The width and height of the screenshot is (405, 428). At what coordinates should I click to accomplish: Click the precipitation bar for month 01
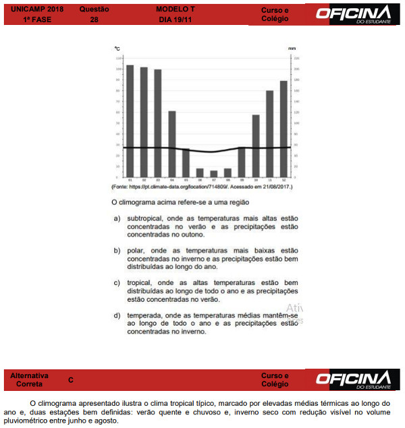[130, 121]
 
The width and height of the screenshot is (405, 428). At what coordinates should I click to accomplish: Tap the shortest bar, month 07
[214, 174]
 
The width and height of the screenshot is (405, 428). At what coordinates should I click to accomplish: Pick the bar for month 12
[283, 129]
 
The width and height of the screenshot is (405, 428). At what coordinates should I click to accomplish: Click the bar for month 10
[256, 146]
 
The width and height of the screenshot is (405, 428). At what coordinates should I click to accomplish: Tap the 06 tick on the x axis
[200, 180]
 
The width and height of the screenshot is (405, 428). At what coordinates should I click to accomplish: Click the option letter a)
[117, 218]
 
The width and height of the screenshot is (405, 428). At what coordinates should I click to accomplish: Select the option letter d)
[117, 315]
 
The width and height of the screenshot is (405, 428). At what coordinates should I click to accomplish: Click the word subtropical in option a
[145, 218]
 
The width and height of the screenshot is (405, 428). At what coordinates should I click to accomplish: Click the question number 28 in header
[93, 20]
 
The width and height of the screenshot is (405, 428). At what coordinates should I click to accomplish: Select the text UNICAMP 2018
[32, 10]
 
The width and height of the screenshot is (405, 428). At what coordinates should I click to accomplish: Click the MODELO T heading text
[175, 10]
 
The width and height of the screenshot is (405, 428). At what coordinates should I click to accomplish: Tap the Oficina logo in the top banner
[362, 14]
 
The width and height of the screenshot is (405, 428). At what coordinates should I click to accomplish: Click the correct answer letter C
[70, 380]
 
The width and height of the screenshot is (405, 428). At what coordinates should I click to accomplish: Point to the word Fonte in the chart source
[122, 187]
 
